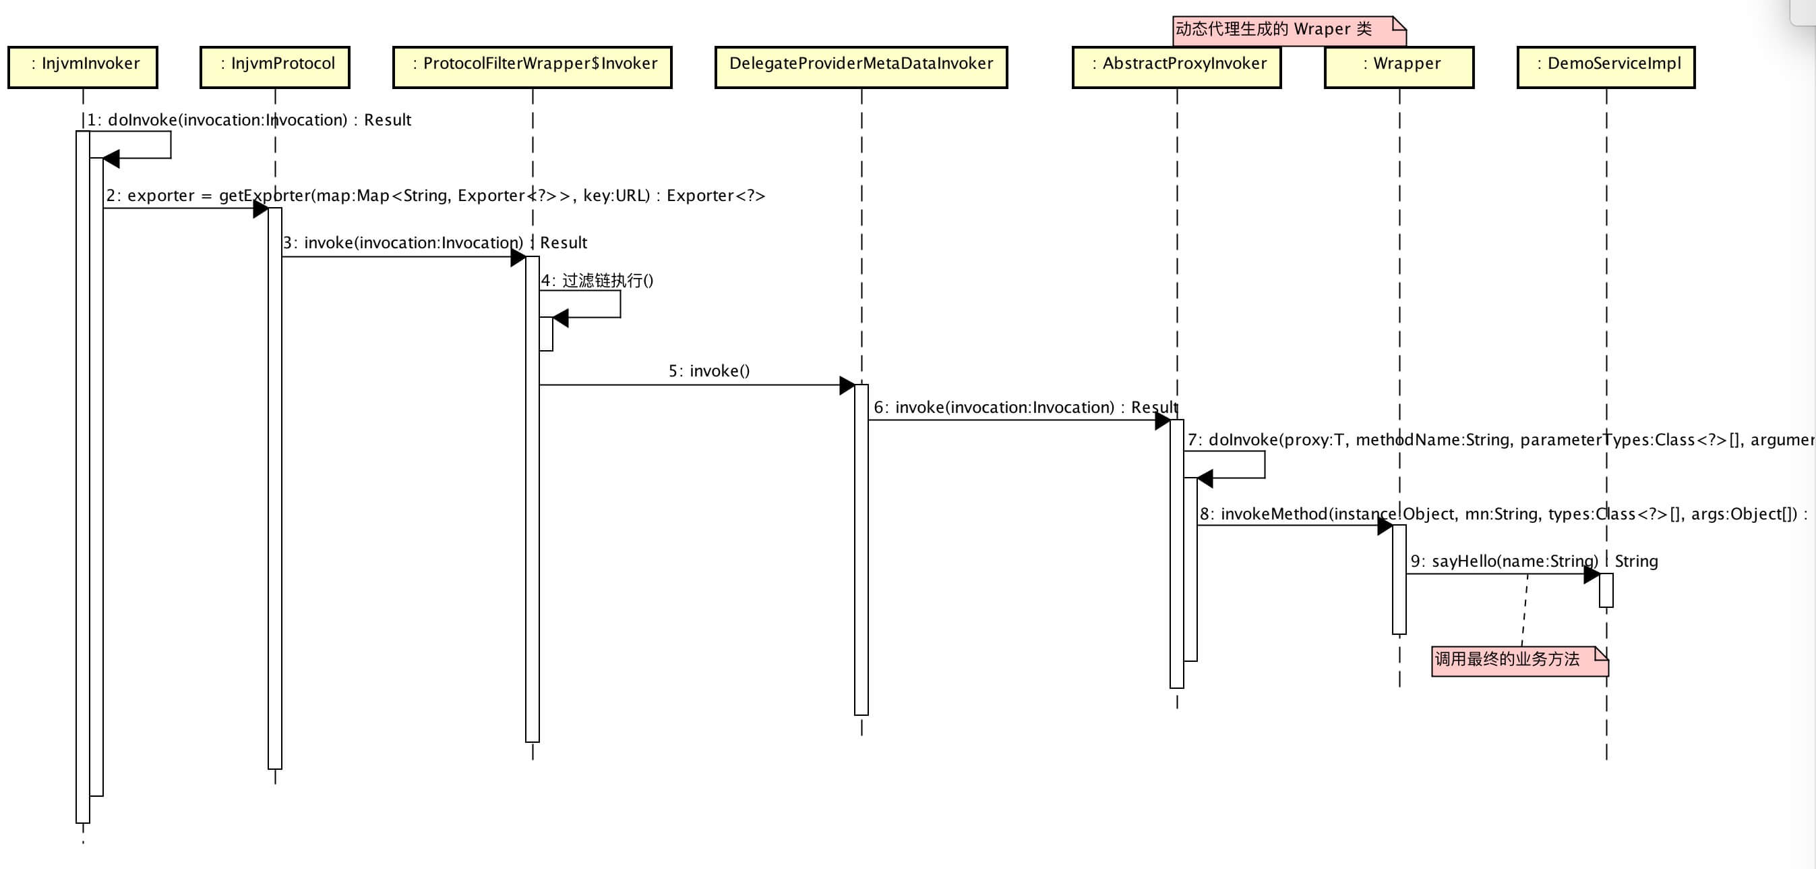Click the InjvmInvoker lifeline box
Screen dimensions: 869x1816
pos(83,67)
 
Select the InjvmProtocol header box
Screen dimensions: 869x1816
pos(275,67)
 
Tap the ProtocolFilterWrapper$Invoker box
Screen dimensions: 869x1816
pos(533,67)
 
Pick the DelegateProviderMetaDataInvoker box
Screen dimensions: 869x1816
pos(861,67)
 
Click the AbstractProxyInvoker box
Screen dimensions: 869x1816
pos(1176,67)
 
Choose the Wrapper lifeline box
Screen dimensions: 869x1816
pos(1399,67)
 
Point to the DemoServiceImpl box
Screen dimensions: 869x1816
pos(1606,67)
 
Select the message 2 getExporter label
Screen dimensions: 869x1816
pos(435,196)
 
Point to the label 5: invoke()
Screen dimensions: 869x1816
pos(709,371)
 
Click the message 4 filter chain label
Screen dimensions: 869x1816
pos(597,281)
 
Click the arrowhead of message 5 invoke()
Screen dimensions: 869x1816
pos(847,385)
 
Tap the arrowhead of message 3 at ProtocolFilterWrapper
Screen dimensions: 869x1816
pos(518,258)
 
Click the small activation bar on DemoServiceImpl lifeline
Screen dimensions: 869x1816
pos(1606,590)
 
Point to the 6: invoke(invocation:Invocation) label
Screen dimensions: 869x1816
pos(1026,408)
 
